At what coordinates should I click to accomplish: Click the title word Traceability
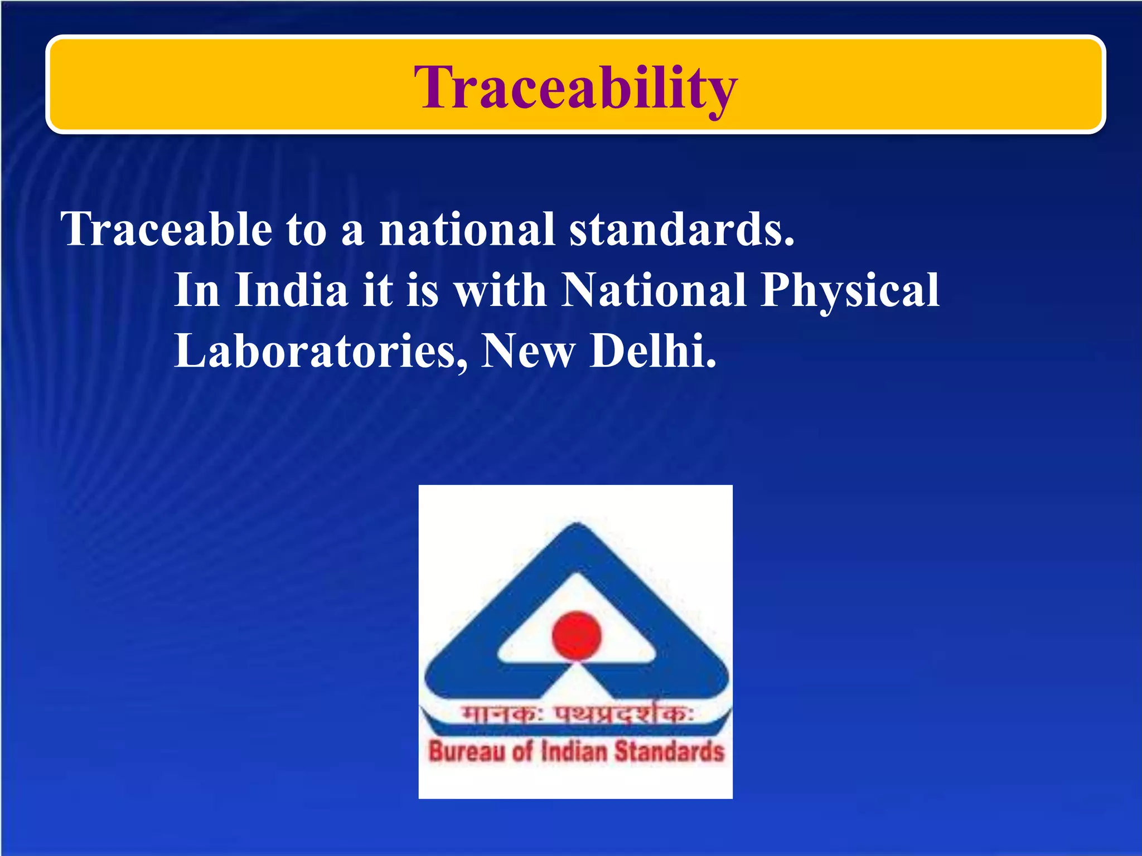(x=575, y=88)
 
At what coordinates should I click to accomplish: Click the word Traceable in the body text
(x=166, y=229)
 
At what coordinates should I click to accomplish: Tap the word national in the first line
(x=467, y=229)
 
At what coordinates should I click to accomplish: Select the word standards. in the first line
(x=681, y=229)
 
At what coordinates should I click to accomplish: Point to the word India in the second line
(x=291, y=290)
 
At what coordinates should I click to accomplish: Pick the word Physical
(x=850, y=290)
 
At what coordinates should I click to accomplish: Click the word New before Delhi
(x=528, y=352)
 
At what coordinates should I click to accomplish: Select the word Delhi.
(x=652, y=352)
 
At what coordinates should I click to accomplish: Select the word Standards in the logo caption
(x=669, y=752)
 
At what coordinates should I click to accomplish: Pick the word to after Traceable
(x=306, y=229)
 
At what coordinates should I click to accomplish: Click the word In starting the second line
(x=197, y=290)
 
